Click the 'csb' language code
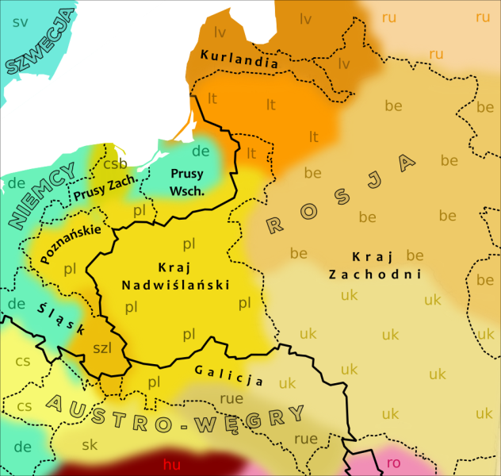click(x=115, y=164)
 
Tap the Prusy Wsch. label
click(x=188, y=182)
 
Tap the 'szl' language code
click(x=102, y=347)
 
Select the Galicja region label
click(x=229, y=374)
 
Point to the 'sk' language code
click(x=89, y=443)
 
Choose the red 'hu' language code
click(x=171, y=463)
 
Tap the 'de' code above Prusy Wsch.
click(x=201, y=151)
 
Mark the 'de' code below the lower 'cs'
click(x=22, y=447)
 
